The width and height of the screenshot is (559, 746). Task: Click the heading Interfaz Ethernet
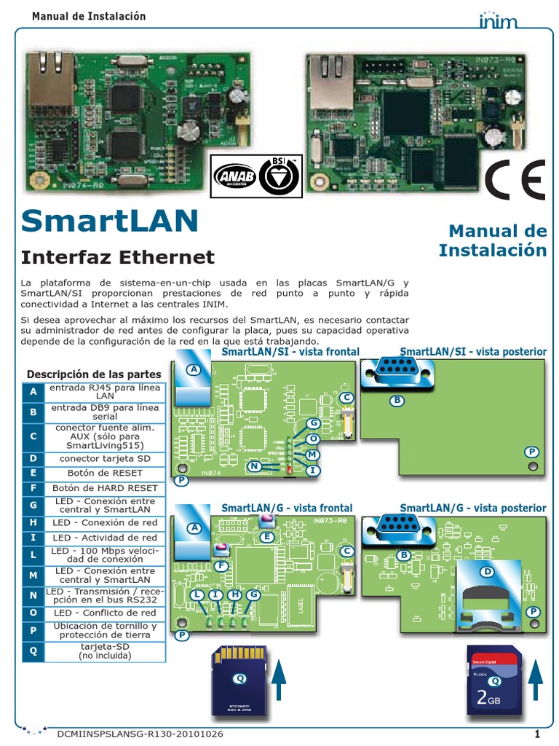tap(118, 257)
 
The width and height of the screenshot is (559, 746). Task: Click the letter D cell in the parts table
tap(33, 458)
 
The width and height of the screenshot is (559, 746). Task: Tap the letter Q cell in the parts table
tap(33, 651)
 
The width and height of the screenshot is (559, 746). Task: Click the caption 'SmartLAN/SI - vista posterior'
tap(473, 352)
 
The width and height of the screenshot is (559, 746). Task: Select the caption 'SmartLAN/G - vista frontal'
tap(287, 508)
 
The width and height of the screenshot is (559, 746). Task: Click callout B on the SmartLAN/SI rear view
tap(397, 400)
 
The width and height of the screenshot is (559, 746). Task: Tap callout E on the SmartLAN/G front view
tap(267, 537)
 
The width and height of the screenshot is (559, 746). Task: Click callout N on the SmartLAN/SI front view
tap(254, 466)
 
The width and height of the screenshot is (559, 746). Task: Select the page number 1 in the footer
tap(536, 734)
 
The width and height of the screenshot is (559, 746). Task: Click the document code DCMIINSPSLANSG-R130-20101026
tap(140, 734)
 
